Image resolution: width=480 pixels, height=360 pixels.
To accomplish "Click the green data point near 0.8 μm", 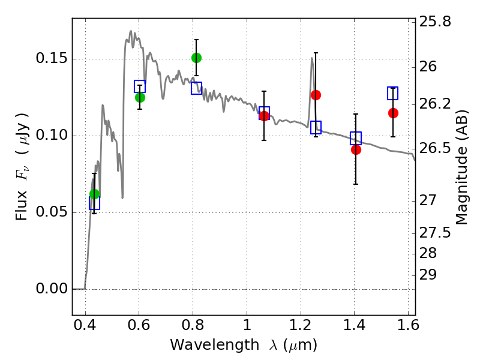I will coord(196,58).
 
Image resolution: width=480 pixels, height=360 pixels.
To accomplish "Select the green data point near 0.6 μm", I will coord(140,97).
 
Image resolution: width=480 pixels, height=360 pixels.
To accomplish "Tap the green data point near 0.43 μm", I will coord(94,194).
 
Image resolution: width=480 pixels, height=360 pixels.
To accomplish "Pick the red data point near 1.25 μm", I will coord(316,95).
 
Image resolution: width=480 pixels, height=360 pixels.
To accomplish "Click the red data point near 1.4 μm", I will coord(356,149).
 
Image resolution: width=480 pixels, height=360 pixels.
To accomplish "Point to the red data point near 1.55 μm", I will coord(393,113).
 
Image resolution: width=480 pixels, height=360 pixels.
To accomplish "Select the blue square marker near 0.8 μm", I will coord(196,88).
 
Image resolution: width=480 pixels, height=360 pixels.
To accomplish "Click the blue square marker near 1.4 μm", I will coord(356,138).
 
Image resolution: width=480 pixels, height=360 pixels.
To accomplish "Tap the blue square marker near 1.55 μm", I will coord(393,93).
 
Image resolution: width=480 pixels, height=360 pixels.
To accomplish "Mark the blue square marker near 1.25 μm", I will coord(316,127).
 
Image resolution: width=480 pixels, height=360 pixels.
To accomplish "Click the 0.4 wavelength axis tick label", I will coord(85,328).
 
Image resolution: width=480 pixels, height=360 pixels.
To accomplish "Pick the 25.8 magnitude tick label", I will coord(437,22).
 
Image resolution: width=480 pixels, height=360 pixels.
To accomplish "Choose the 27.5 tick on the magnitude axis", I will coord(437,232).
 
